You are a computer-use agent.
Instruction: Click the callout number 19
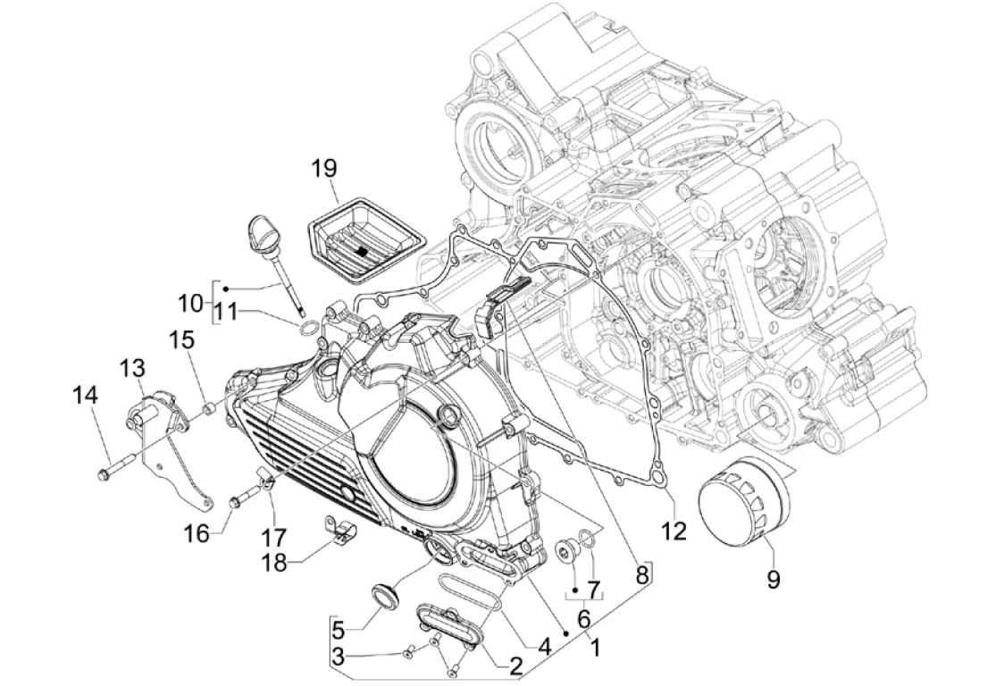coord(324,169)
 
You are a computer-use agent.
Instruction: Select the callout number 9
coord(774,581)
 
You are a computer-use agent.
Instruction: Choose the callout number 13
coord(132,368)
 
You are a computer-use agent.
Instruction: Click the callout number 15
coord(182,339)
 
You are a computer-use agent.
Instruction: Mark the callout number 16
coord(198,532)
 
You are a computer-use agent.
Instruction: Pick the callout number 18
coord(275,564)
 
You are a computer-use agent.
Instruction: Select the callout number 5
coord(338,631)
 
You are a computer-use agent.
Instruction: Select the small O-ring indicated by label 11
coord(307,330)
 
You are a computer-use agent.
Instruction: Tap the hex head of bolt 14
coord(105,474)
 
